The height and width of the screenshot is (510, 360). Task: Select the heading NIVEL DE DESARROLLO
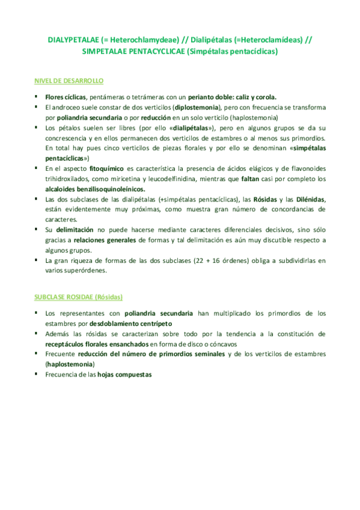tap(69, 80)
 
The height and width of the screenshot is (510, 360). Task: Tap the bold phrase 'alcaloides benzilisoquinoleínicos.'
tap(95, 189)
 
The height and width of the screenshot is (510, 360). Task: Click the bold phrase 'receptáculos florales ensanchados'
tap(97, 343)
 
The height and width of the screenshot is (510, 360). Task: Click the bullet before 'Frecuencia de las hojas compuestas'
tap(36, 373)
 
